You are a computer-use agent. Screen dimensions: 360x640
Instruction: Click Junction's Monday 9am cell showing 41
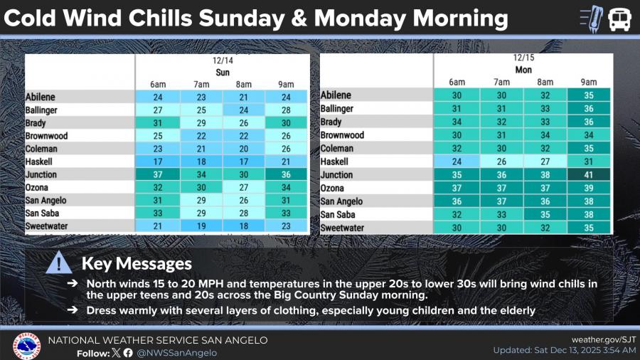(x=588, y=175)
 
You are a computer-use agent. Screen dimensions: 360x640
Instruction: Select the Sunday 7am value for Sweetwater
(x=201, y=226)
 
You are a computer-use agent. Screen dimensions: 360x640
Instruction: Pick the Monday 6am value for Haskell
(x=457, y=162)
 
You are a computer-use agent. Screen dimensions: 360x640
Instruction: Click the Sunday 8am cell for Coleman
(x=244, y=149)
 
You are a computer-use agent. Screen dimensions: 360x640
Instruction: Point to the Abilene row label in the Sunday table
(x=41, y=97)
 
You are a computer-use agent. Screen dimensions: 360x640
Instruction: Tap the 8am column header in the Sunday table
(x=244, y=85)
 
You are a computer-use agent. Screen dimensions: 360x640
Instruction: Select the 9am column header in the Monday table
(x=588, y=82)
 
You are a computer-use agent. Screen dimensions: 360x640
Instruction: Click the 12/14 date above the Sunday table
(x=223, y=61)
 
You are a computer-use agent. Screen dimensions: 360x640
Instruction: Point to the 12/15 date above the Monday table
(x=523, y=58)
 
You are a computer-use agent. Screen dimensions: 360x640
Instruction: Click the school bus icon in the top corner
(x=619, y=18)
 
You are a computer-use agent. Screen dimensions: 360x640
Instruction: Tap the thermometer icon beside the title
(x=591, y=18)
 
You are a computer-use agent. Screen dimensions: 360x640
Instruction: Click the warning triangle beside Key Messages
(x=58, y=264)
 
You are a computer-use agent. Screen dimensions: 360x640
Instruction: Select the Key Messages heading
(x=137, y=263)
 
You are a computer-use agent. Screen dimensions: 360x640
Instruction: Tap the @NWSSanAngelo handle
(x=177, y=352)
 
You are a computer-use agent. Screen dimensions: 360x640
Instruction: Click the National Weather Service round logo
(x=26, y=346)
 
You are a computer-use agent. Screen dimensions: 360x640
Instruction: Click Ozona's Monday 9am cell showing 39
(x=588, y=188)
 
